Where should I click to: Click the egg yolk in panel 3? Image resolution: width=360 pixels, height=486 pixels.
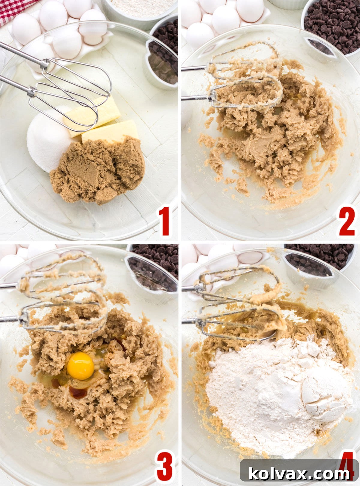pos(80,366)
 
